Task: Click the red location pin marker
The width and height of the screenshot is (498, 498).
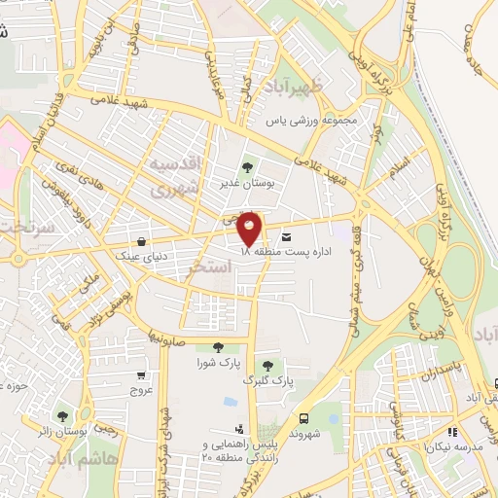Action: tap(250, 228)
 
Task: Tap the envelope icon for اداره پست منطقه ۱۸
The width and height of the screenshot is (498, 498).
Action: tap(285, 236)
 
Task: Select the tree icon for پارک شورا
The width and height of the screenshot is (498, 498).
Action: tap(215, 347)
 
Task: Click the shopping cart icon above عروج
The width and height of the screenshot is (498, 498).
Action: tap(142, 375)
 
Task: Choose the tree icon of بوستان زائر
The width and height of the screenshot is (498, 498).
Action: tap(63, 416)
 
